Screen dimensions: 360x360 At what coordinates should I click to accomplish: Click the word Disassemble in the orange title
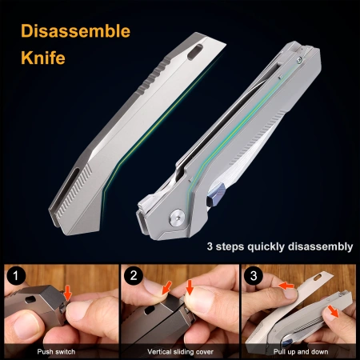click(x=75, y=31)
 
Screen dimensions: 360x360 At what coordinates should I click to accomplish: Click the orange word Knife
click(x=43, y=58)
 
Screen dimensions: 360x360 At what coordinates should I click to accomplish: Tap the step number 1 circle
click(x=16, y=275)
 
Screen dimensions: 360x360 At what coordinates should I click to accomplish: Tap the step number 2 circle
click(x=134, y=275)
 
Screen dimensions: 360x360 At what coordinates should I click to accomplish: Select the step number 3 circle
click(x=254, y=275)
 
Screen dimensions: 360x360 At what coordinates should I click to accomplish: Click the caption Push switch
click(x=56, y=352)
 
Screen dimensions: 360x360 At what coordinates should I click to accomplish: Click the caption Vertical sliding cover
click(x=180, y=352)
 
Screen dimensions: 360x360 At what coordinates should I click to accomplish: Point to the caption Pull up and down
click(x=301, y=352)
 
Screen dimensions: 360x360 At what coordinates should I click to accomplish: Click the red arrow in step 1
click(x=68, y=292)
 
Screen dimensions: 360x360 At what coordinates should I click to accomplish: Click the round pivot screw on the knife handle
click(x=178, y=218)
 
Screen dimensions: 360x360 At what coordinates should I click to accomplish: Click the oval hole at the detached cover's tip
click(x=195, y=52)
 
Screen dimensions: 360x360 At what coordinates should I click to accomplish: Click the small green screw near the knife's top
click(x=299, y=61)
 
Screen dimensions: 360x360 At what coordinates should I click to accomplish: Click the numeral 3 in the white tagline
click(x=210, y=246)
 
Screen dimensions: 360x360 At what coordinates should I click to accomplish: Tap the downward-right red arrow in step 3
click(x=333, y=311)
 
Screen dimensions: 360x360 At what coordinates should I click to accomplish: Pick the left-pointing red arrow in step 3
click(x=286, y=286)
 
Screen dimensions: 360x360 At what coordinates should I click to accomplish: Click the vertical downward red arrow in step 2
click(x=190, y=287)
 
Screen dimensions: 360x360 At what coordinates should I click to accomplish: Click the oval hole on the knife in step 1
click(x=30, y=299)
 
